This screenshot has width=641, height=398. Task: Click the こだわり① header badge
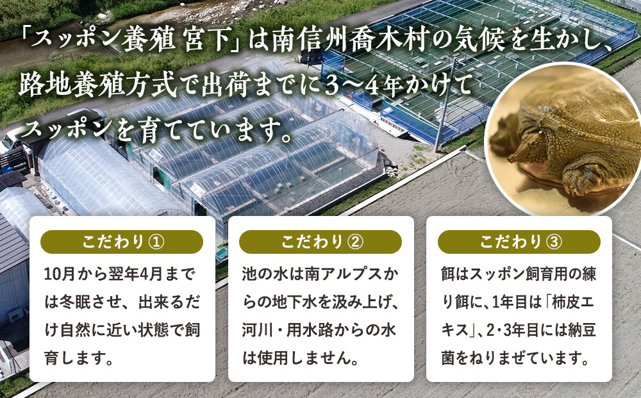pos(122,242)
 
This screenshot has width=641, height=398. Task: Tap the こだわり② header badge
pos(320,242)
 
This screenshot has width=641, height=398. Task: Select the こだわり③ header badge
pos(519,242)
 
